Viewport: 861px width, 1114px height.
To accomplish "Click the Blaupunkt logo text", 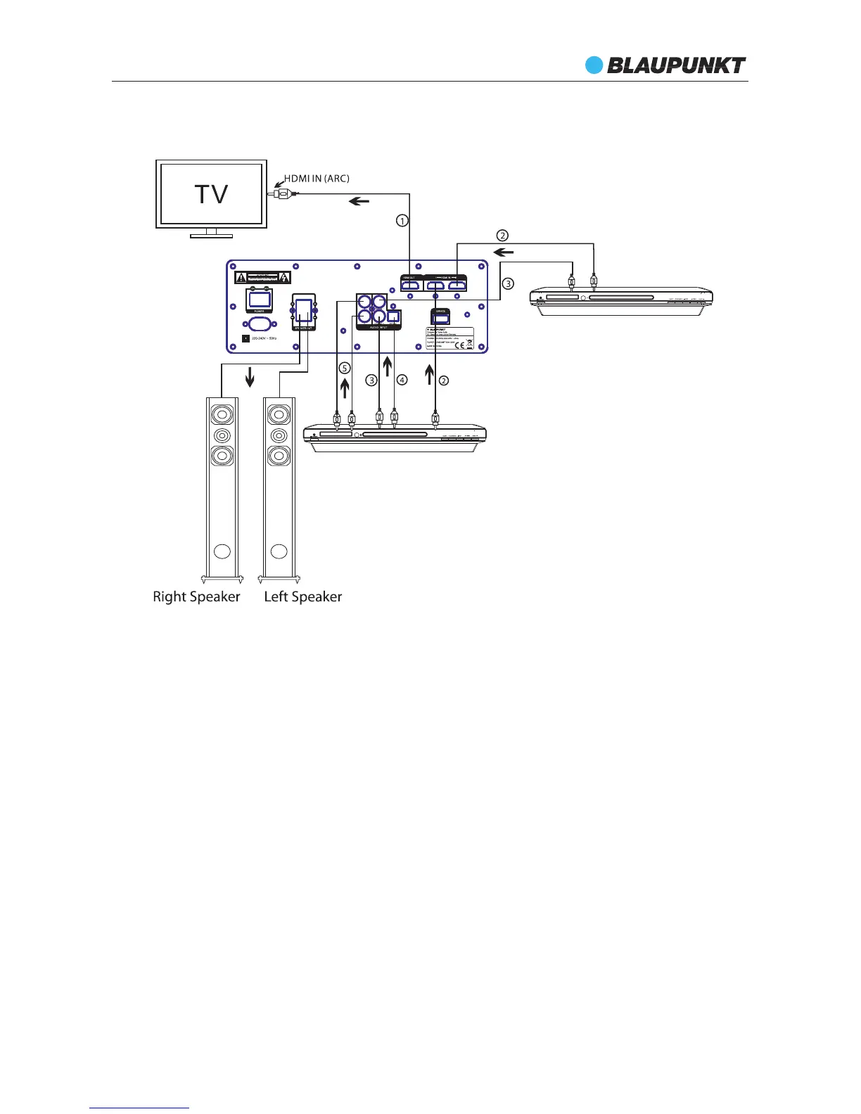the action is coord(676,65).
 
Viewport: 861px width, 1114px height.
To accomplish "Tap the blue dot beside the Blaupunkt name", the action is coord(594,65).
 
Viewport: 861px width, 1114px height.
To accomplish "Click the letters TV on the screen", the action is coord(211,194).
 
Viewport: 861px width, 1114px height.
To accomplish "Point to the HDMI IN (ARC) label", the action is coord(317,179).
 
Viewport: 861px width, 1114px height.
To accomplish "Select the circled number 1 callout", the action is coord(402,221).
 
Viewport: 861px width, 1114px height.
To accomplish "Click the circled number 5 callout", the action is coord(344,368).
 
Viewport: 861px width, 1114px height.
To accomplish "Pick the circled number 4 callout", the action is coord(402,380).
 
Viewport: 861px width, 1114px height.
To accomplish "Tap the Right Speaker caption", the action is coord(196,596).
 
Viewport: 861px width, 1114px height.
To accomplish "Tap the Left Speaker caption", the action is coord(302,596).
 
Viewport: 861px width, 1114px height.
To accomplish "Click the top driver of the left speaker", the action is coord(279,414).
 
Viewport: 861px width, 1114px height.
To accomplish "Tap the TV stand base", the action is coord(211,236).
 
